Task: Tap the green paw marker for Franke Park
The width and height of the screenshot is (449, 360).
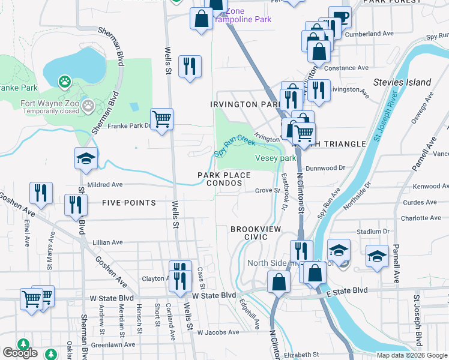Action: [64, 80]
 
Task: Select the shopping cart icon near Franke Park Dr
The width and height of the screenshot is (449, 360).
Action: [162, 120]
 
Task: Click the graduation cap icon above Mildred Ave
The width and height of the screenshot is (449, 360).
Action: [86, 158]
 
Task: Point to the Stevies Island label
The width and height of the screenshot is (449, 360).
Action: [402, 82]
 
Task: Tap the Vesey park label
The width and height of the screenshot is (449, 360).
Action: [276, 158]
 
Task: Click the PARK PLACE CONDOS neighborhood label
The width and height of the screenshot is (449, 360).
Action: [220, 179]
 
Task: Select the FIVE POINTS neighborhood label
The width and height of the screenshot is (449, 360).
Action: [129, 203]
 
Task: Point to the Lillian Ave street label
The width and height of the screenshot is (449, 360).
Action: [108, 242]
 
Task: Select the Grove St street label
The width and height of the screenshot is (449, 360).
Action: [267, 191]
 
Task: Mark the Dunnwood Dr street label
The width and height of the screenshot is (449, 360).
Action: [325, 169]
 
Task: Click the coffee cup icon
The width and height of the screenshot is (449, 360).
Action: [340, 18]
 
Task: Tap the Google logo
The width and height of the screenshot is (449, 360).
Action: [20, 353]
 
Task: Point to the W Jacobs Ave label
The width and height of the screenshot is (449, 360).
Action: [218, 332]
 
